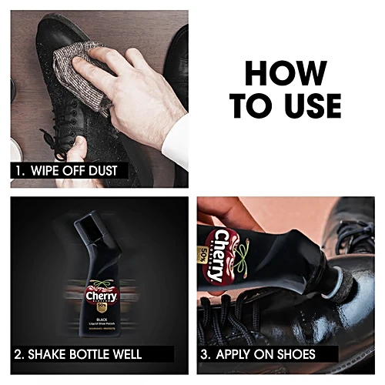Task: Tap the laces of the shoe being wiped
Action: (42, 131)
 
